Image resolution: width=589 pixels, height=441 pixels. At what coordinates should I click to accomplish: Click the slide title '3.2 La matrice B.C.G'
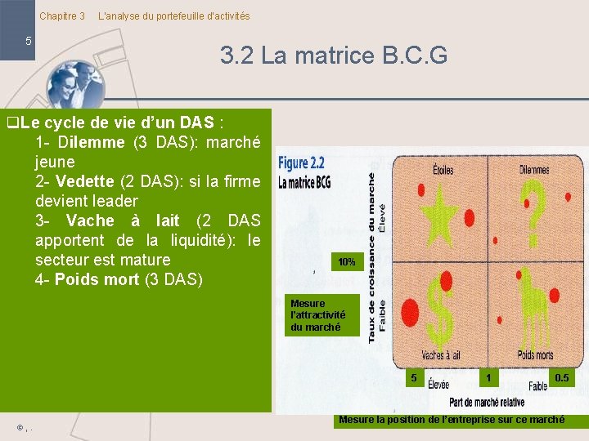coord(333,56)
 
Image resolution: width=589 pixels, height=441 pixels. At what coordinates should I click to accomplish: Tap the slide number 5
coord(29,41)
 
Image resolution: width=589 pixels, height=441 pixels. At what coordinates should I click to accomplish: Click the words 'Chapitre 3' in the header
coord(62,16)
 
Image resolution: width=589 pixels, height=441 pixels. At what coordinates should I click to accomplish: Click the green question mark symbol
coord(534,204)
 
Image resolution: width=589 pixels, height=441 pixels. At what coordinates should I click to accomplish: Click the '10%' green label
coord(346,262)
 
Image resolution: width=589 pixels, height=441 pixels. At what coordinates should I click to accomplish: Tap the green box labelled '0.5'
coord(562,377)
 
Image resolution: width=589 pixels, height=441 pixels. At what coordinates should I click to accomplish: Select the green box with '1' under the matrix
coord(488,377)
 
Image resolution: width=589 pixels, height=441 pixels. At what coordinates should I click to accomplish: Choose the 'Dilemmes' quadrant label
coord(534,170)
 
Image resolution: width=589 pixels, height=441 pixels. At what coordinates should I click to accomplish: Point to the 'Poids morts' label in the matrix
coord(535,355)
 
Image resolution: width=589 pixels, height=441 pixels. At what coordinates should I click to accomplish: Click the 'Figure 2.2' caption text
coord(302,163)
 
